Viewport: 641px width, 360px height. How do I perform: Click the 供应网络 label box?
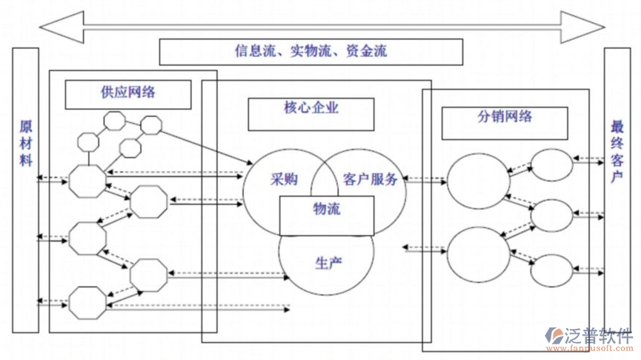tap(127, 93)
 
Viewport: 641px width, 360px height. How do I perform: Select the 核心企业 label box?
tap(310, 108)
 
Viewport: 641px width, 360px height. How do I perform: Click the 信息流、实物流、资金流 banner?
tap(310, 51)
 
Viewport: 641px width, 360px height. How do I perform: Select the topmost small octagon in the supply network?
tap(113, 120)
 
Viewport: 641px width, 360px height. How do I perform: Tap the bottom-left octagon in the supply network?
tap(87, 303)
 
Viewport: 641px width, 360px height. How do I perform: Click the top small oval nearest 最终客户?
tap(553, 165)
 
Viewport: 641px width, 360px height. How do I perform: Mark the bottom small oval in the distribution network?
tap(553, 269)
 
